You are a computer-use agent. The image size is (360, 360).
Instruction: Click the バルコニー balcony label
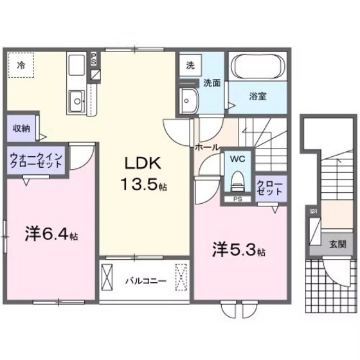tap(145, 281)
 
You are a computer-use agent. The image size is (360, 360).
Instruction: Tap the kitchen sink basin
tap(78, 100)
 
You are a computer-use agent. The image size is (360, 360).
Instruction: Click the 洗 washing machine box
tap(190, 65)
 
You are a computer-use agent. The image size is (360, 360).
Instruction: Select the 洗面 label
tap(212, 83)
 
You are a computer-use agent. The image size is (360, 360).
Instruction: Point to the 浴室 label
tap(258, 96)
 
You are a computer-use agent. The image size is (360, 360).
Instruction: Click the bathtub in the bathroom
tap(258, 67)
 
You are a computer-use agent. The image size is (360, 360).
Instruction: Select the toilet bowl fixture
tap(237, 180)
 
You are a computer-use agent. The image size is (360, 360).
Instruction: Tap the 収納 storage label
tap(21, 128)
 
